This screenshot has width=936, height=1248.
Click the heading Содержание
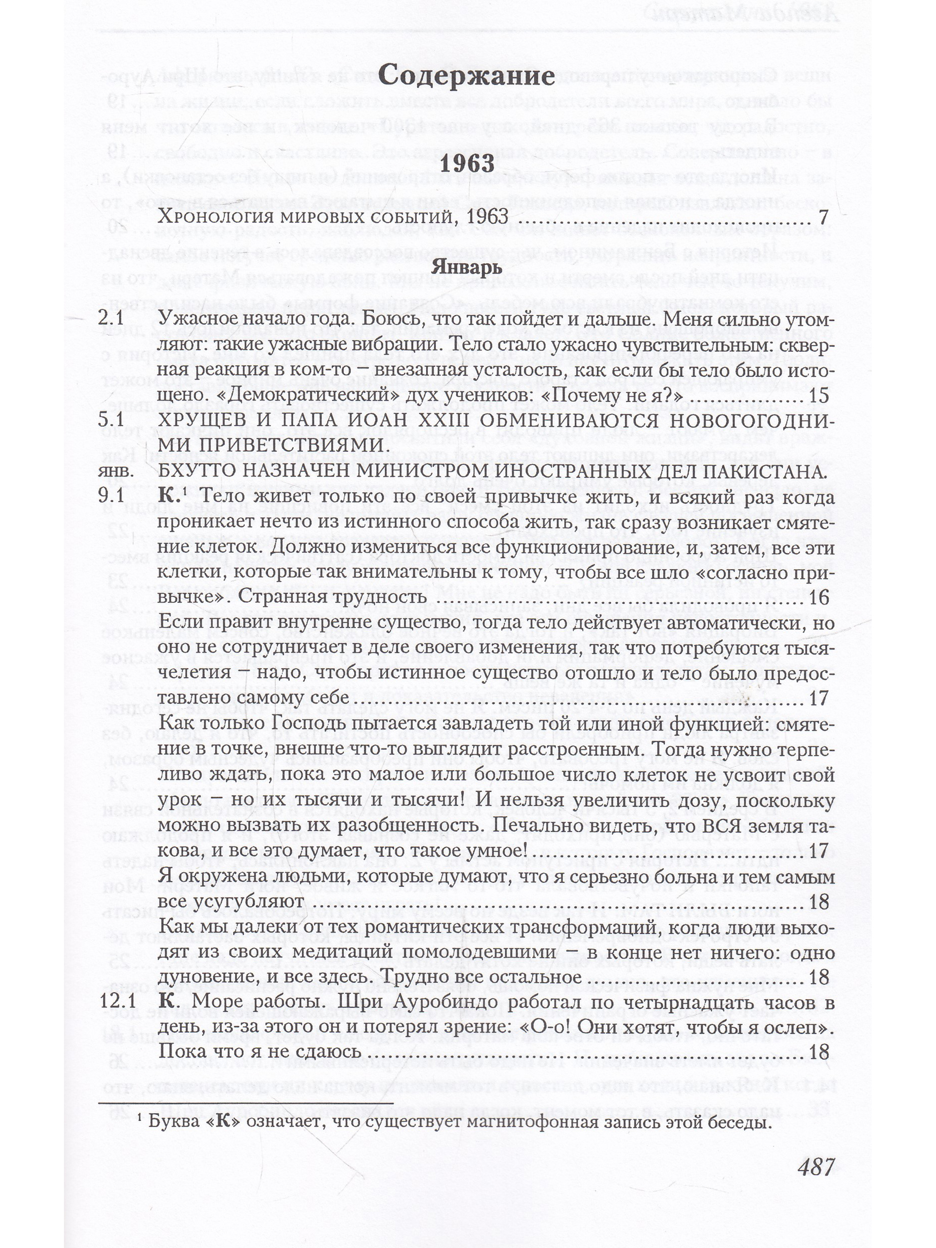466,75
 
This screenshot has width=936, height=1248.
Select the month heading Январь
466,267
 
